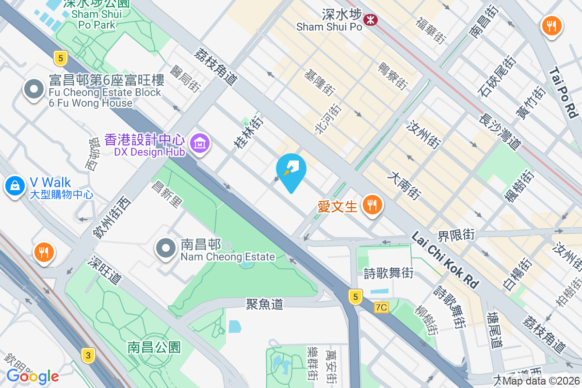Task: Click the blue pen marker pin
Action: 291,170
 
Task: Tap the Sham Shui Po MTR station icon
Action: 371,20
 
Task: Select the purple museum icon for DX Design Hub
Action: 199,144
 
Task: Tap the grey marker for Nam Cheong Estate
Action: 166,248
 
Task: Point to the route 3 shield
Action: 87,356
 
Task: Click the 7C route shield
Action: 382,307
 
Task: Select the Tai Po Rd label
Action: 564,93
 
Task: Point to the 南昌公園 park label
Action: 154,347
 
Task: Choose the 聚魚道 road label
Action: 264,304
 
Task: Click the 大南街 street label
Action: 404,185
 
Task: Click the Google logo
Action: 32,376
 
